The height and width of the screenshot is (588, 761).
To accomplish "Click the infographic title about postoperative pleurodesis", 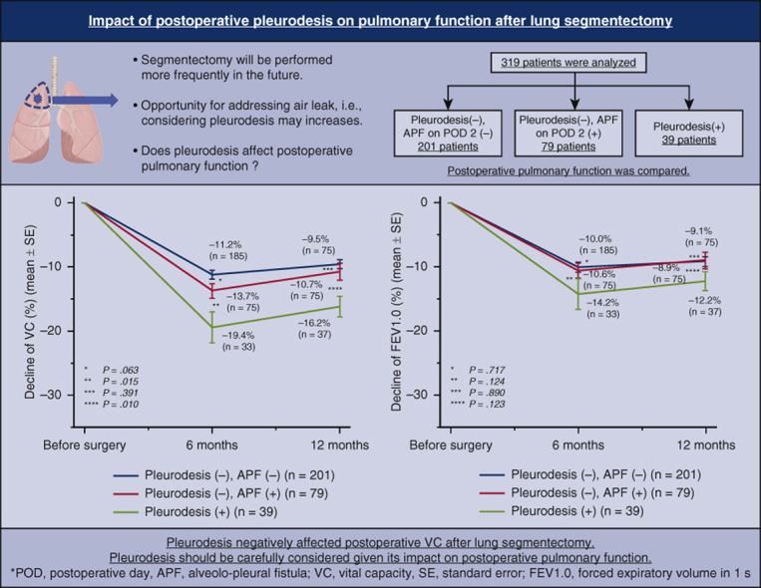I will tap(380, 21).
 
